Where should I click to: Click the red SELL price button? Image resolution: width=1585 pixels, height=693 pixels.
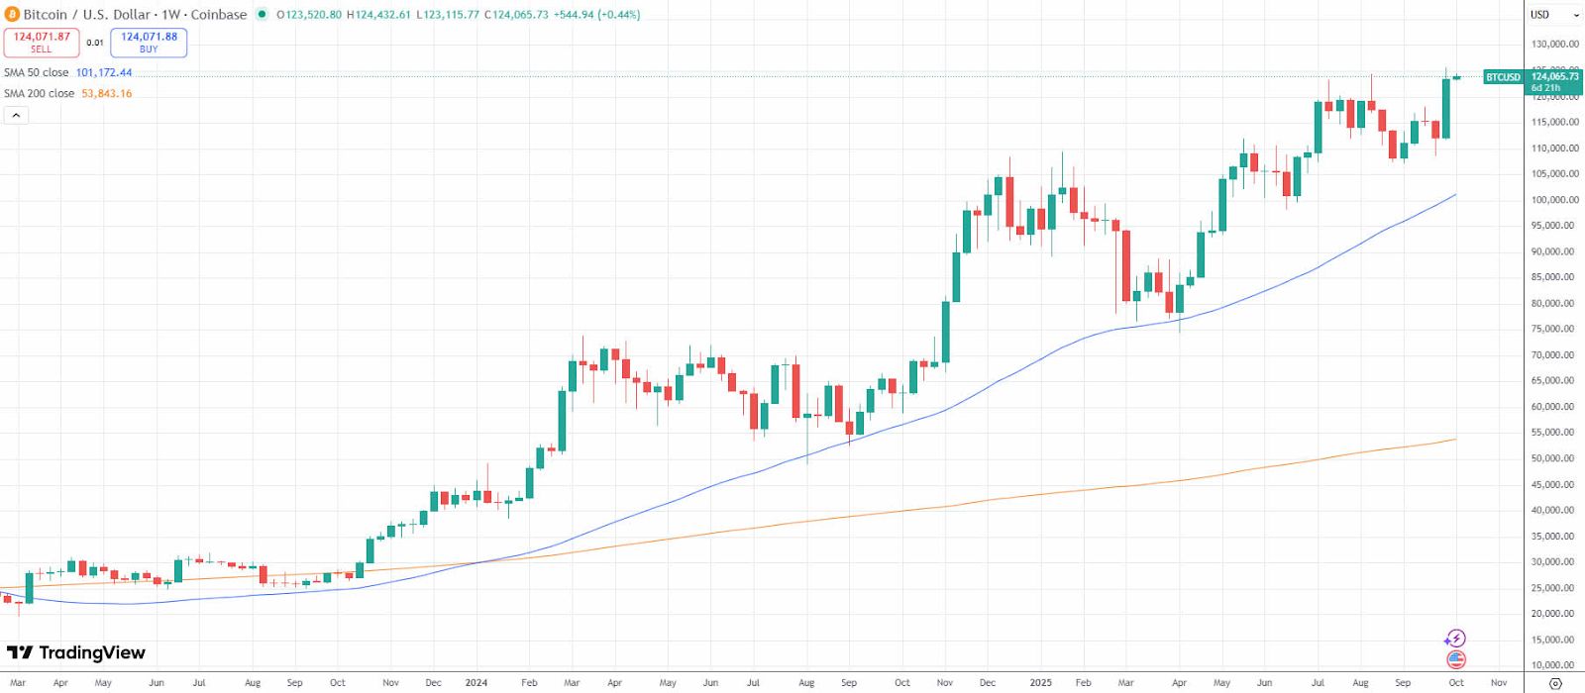pos(42,43)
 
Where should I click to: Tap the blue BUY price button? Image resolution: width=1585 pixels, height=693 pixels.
pos(149,43)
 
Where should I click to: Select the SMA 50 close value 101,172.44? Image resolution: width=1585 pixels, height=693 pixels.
pos(104,73)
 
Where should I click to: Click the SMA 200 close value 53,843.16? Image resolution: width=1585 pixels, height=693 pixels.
pos(106,94)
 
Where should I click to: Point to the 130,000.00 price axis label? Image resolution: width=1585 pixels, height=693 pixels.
pos(1554,45)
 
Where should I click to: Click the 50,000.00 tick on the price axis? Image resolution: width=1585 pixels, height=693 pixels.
pos(1554,458)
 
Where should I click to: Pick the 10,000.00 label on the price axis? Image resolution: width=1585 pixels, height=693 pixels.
pos(1554,665)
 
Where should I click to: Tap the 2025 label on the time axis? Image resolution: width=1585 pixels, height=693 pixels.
pos(1040,683)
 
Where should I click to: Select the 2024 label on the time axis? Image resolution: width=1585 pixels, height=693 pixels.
pos(476,683)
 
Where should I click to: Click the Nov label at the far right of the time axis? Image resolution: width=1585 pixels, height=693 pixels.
pos(1499,683)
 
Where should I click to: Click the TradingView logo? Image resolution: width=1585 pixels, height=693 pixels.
pos(76,652)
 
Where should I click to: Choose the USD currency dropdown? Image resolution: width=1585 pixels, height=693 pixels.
pos(1554,15)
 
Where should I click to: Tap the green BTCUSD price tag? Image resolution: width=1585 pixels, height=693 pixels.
pos(1503,77)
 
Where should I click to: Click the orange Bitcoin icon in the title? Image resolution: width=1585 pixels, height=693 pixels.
pos(12,15)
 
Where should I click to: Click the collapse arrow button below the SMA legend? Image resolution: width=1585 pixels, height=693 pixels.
pos(16,116)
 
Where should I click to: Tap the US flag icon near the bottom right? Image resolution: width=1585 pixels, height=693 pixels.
pos(1455,659)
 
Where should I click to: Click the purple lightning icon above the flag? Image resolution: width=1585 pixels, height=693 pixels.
pos(1455,639)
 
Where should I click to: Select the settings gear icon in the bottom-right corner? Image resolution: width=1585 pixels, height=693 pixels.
pos(1555,683)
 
